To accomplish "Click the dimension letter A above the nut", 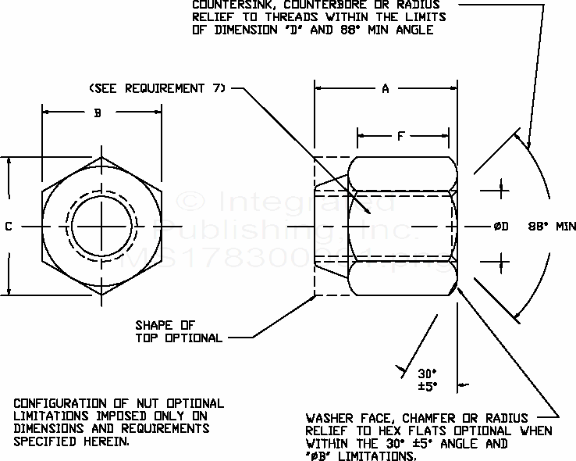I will (385, 89).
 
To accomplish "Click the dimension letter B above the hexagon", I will (98, 113).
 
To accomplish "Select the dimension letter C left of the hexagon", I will (8, 227).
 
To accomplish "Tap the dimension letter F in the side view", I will (400, 137).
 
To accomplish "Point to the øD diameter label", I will (500, 227).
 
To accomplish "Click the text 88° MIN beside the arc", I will (552, 227).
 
